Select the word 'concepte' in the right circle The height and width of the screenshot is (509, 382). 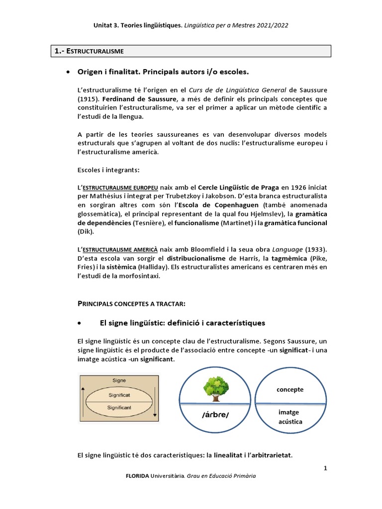(290, 390)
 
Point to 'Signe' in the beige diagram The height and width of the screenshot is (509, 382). (119, 380)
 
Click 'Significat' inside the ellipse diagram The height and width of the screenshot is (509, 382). (119, 395)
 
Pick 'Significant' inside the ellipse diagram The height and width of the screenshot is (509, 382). (119, 407)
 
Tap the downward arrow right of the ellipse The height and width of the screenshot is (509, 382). (155, 400)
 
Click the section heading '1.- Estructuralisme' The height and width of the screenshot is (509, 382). (89, 51)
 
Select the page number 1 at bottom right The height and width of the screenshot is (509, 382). (325, 468)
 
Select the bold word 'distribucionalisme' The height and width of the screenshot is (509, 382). (196, 258)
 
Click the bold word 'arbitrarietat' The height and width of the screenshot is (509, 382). (267, 455)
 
